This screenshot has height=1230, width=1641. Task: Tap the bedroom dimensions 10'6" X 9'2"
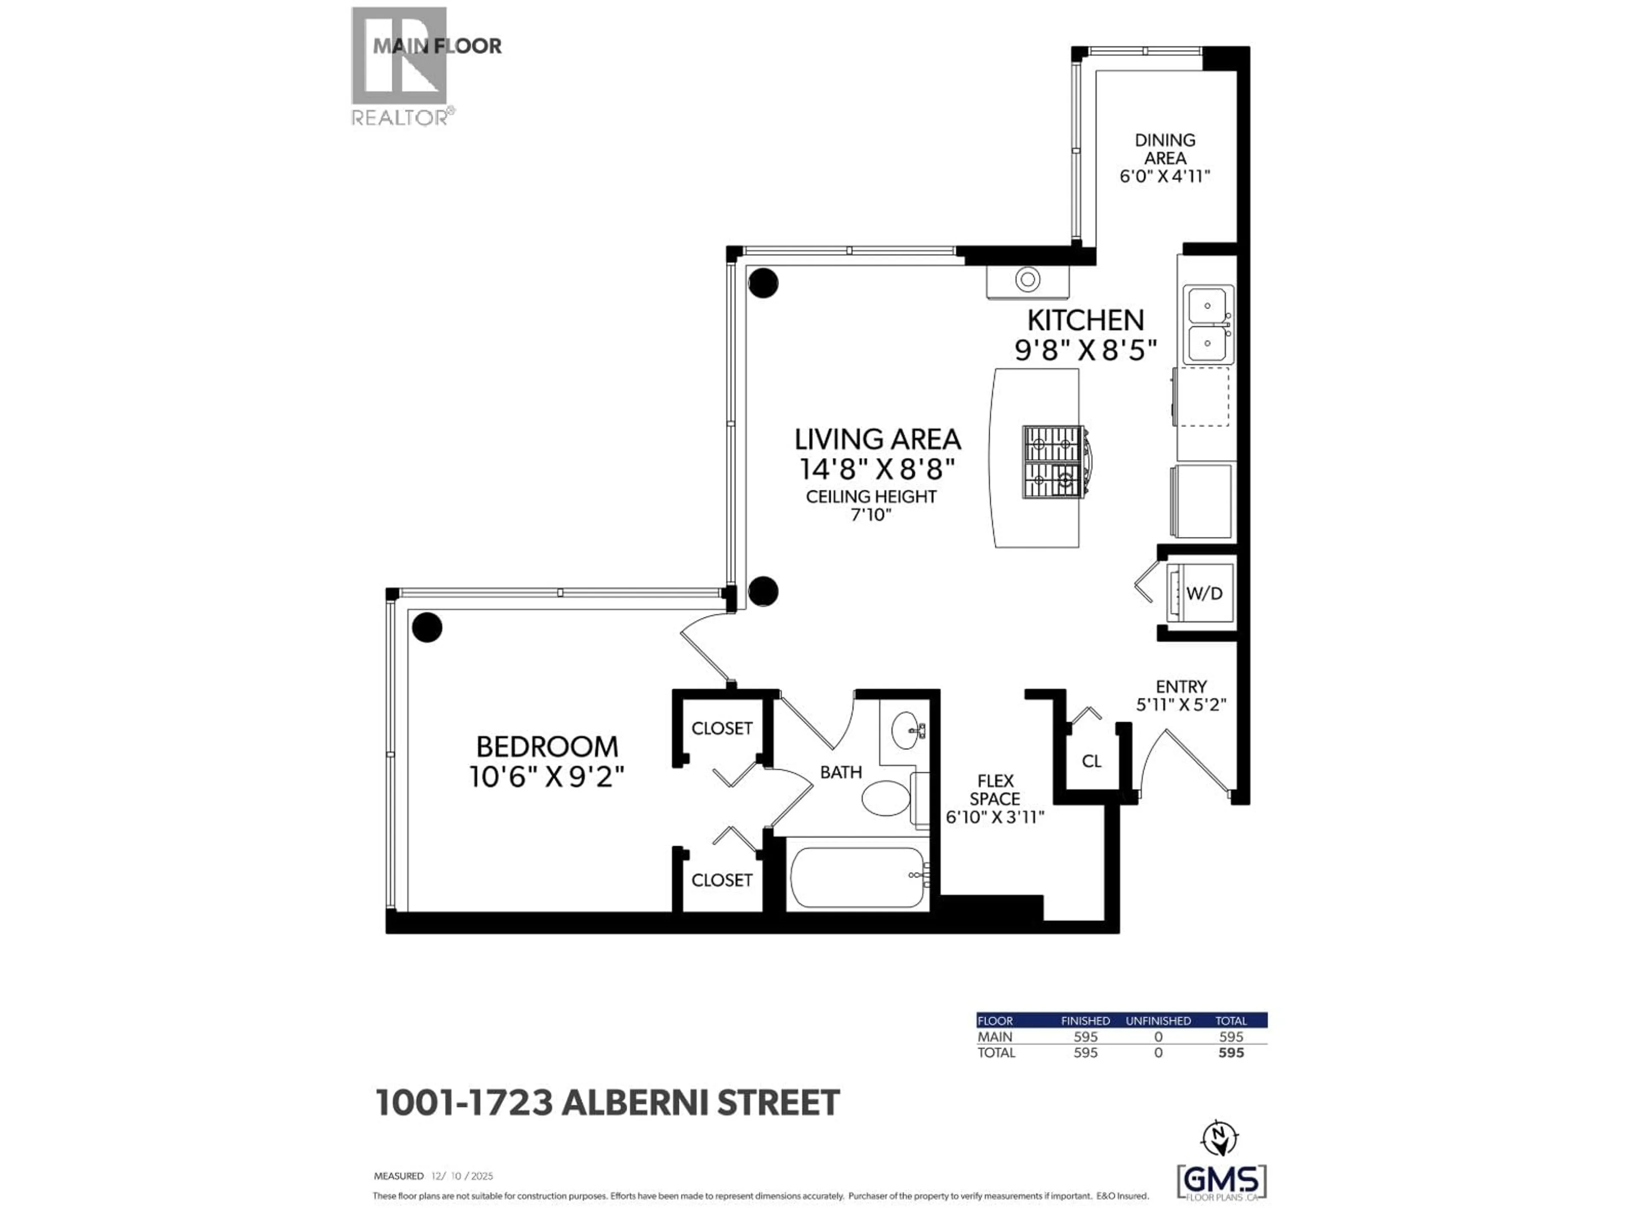[x=547, y=777]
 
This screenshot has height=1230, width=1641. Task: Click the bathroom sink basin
[x=904, y=730]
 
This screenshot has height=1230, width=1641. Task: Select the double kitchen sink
[x=1208, y=324]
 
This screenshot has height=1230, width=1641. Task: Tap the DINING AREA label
[x=1165, y=149]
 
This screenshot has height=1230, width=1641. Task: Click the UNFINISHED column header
[x=1158, y=1021]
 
